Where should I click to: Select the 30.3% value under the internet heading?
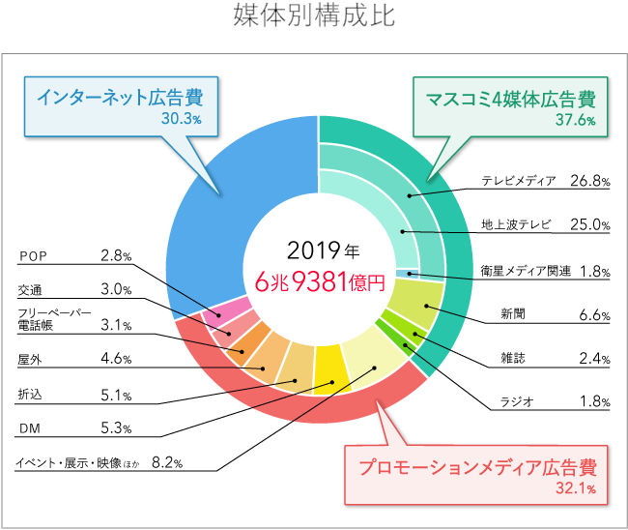click(182, 119)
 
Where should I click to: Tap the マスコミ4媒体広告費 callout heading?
click(509, 99)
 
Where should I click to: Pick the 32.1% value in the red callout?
click(576, 489)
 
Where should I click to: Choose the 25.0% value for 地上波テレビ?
click(589, 225)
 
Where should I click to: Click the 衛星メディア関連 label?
click(526, 270)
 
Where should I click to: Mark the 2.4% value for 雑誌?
click(591, 359)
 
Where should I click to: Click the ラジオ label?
click(512, 402)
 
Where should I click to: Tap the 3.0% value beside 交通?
click(116, 289)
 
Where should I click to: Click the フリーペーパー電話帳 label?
click(54, 320)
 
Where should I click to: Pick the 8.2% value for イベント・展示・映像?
click(167, 462)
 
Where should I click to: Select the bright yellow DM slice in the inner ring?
click(329, 362)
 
